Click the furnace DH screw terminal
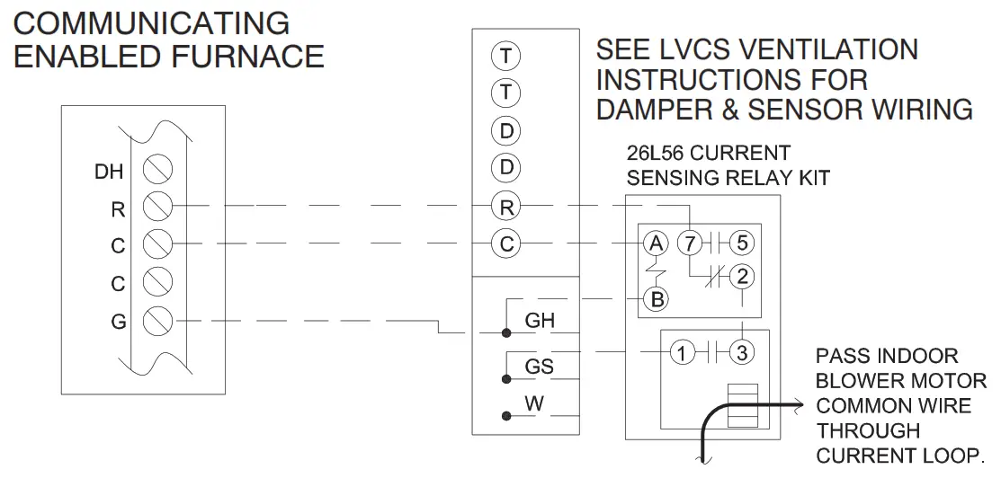tap(158, 169)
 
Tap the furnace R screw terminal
tap(158, 207)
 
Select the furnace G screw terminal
tap(158, 320)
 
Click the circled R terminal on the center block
tap(506, 207)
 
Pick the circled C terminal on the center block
tap(506, 243)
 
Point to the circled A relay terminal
tap(657, 243)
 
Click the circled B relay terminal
tap(657, 299)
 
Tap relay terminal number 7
tap(690, 243)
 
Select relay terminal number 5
tap(741, 243)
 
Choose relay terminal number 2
tap(741, 277)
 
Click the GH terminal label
tap(540, 321)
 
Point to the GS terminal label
tap(540, 367)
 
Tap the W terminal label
tap(535, 404)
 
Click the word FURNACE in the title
tap(246, 57)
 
